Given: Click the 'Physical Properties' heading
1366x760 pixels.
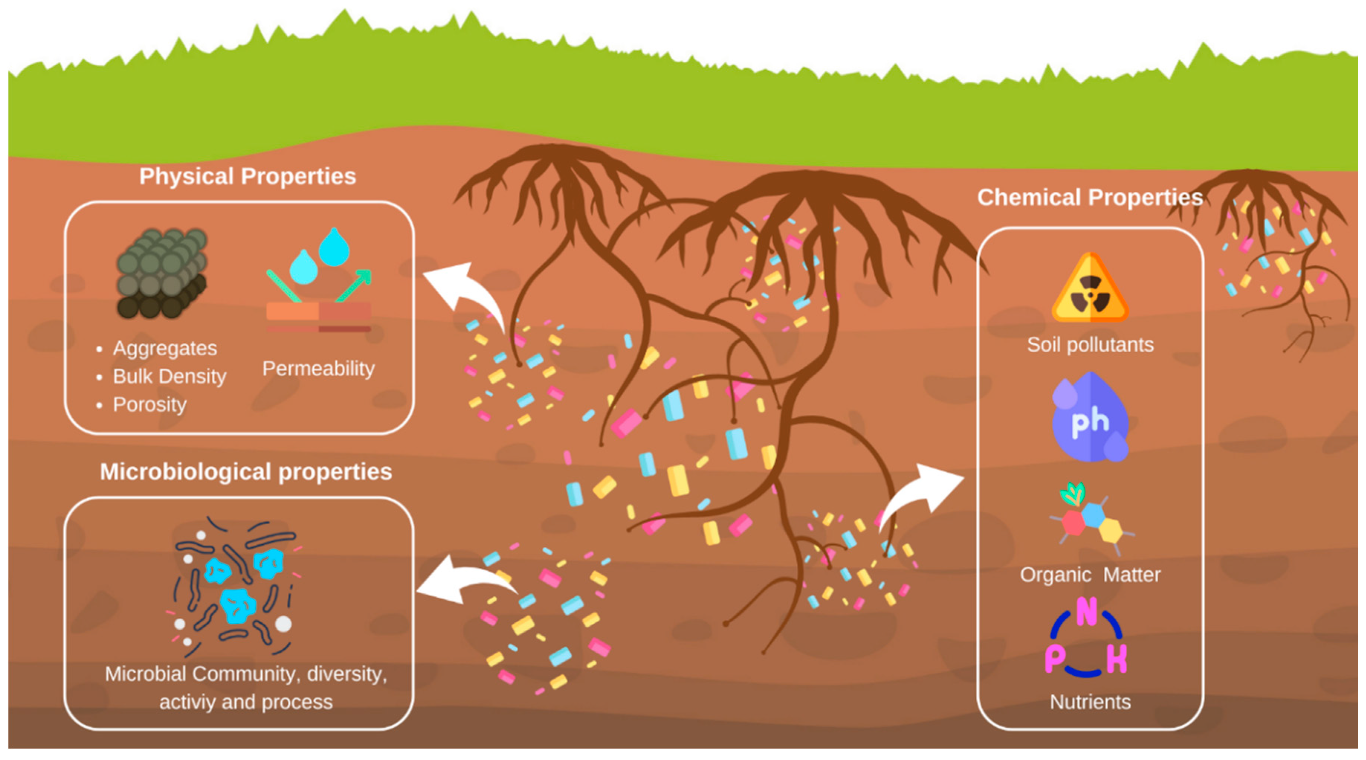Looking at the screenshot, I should tap(247, 176).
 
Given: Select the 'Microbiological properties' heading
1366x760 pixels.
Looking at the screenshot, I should tap(246, 472).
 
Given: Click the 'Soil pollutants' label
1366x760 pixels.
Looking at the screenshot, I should tap(1090, 345).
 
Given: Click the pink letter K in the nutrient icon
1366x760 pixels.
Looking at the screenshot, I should tap(1116, 659).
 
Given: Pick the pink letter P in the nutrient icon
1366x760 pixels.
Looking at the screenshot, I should tap(1055, 659).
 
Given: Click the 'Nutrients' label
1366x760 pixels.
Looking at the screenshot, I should tap(1090, 702).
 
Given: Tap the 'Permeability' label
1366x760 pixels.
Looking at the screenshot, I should tap(318, 368).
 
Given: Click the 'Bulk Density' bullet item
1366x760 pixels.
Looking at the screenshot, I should tap(169, 376).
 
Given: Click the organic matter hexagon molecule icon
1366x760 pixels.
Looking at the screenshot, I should tap(1090, 522).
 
